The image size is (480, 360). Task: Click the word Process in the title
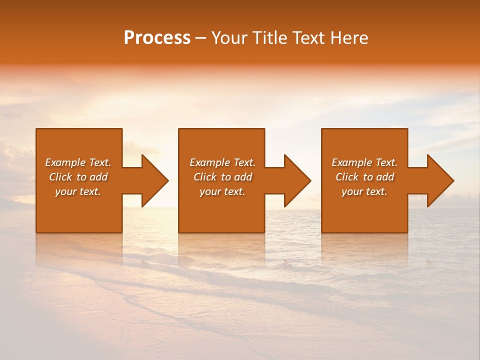point(157,38)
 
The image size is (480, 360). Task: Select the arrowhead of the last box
point(439,180)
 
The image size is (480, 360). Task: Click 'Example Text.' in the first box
point(78,162)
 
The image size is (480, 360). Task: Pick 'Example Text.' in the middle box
point(222,162)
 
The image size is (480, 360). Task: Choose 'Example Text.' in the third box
point(364,162)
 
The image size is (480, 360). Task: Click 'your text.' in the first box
point(78,191)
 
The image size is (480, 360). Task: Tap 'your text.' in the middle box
point(222,191)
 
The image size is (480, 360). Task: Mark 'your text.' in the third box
point(364,191)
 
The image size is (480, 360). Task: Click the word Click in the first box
point(61,177)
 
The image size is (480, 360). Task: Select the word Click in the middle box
point(205,177)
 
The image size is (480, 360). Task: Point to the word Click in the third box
point(347,177)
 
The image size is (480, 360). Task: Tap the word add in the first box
point(99,177)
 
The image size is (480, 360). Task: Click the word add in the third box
point(385,177)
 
